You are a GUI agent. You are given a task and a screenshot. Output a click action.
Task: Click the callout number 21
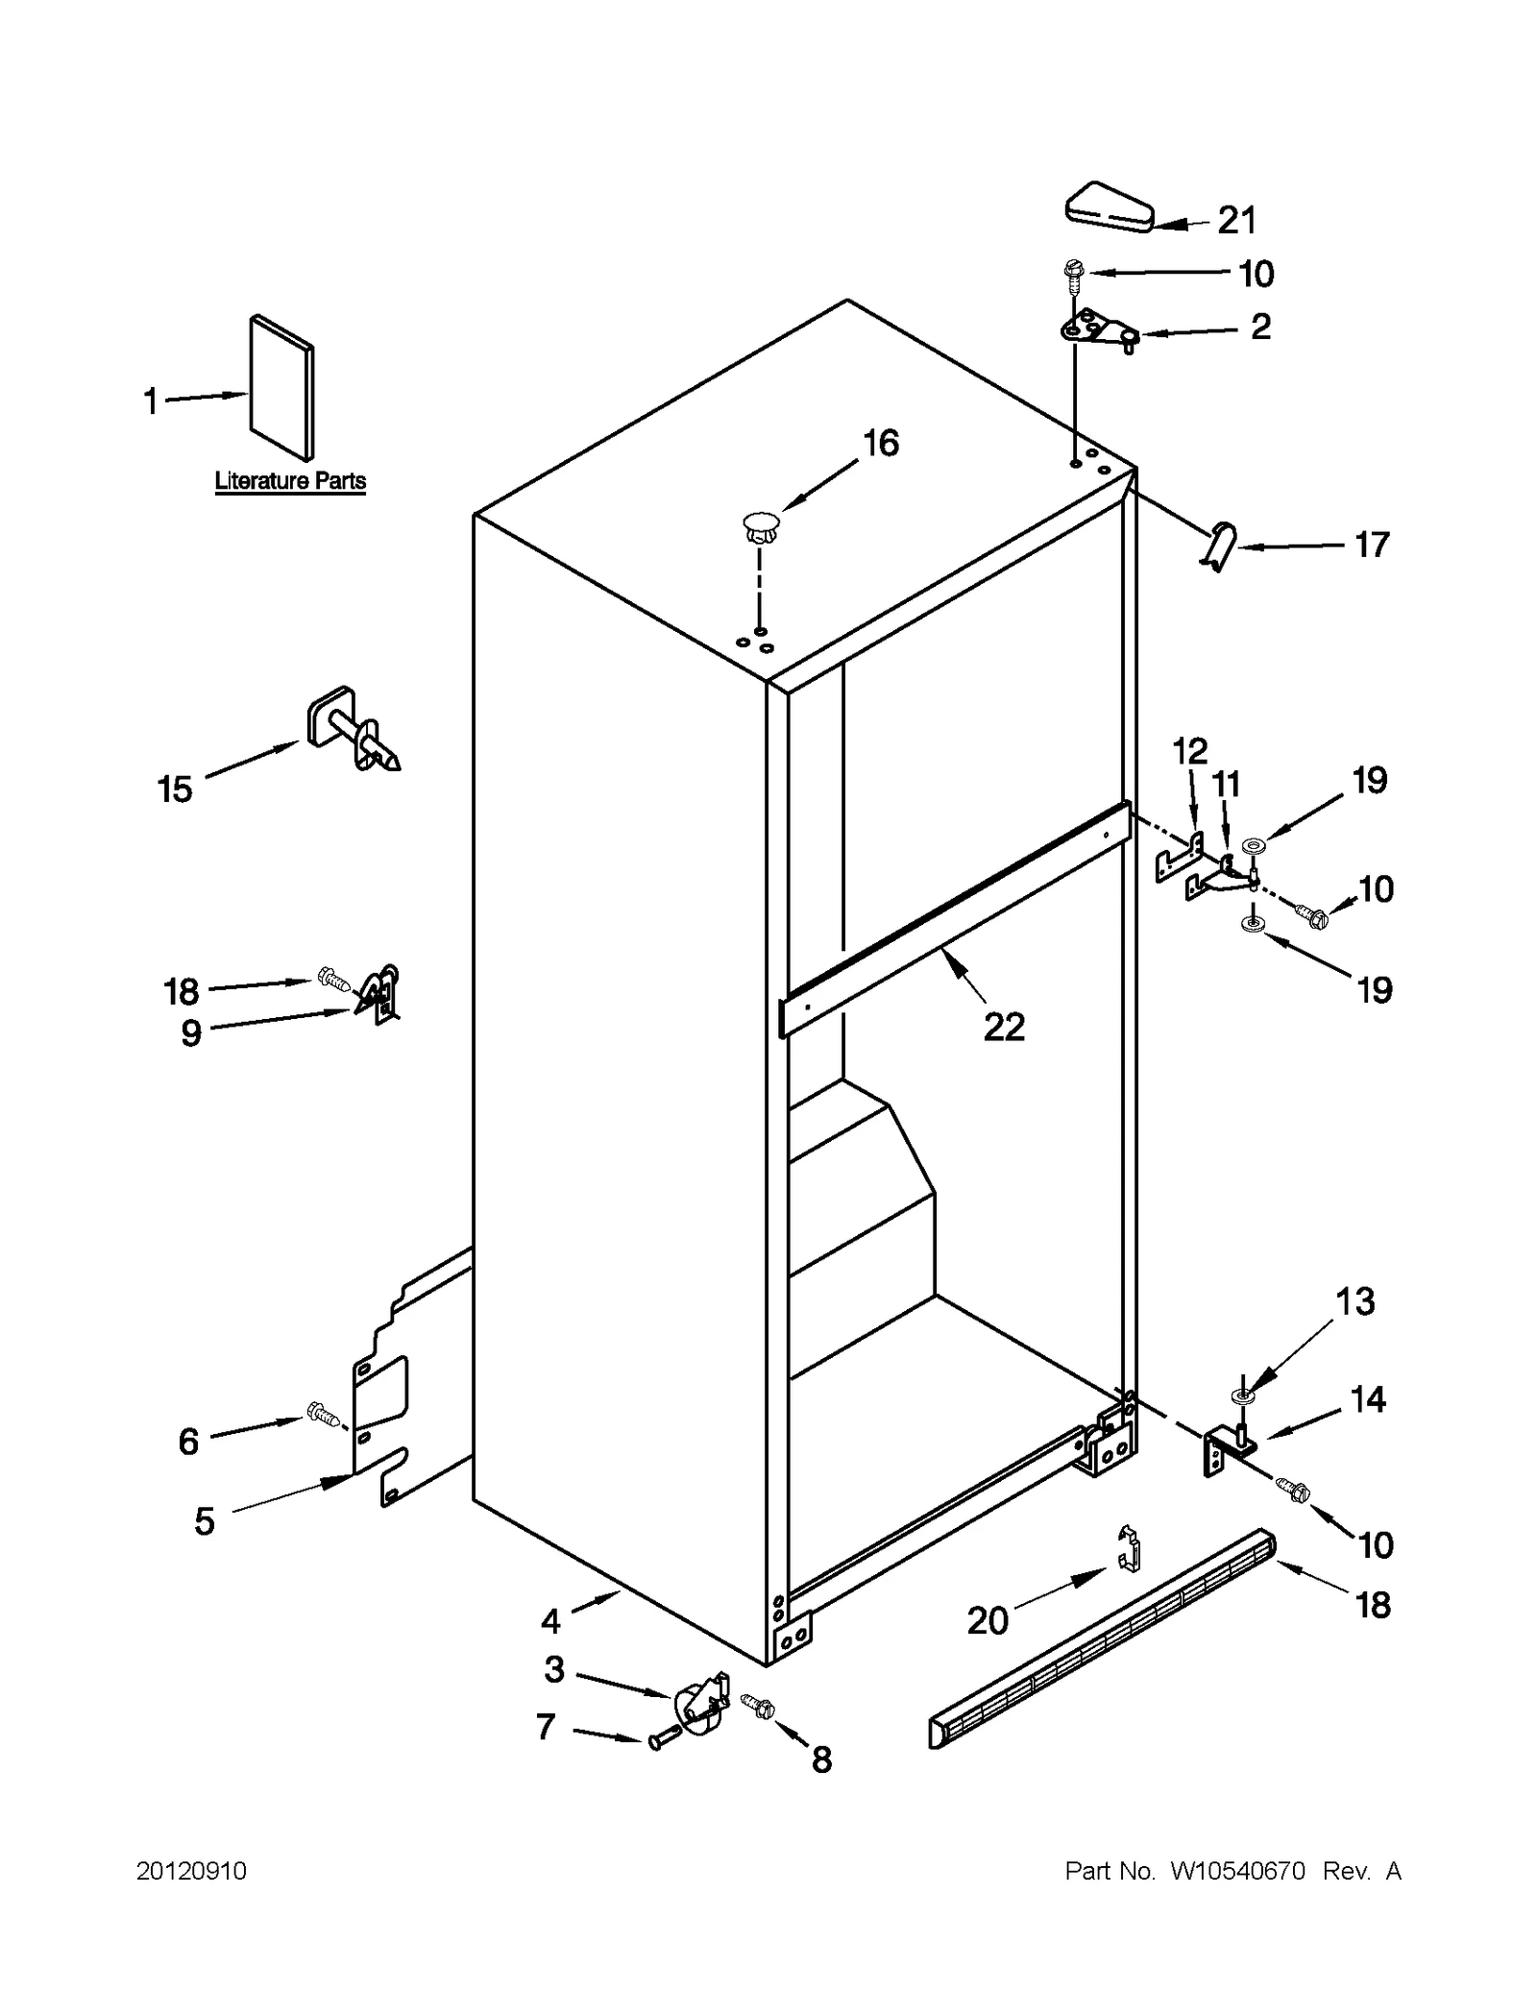click(x=1236, y=221)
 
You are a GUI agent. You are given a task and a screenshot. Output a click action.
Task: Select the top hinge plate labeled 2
click(x=1095, y=329)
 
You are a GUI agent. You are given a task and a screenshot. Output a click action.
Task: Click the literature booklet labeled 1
click(x=281, y=388)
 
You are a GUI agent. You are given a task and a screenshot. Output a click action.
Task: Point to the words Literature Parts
click(x=290, y=481)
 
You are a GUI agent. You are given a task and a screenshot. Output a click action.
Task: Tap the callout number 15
click(x=175, y=789)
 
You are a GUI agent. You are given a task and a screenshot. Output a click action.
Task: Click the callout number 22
click(x=1004, y=1028)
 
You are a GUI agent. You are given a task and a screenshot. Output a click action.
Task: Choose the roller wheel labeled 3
click(x=701, y=1705)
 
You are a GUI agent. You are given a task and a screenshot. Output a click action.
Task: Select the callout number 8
click(x=821, y=1759)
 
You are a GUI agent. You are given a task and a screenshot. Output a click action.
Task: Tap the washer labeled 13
click(x=1241, y=1394)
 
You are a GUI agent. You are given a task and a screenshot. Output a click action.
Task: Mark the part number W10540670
click(x=1237, y=1871)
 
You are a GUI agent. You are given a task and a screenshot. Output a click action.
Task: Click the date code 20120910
click(x=191, y=1871)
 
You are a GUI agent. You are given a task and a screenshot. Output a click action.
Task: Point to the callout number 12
click(x=1189, y=751)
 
